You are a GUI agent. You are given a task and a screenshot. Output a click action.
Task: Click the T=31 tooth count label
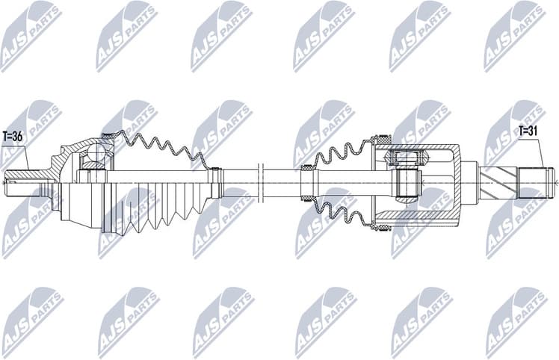tap(529, 132)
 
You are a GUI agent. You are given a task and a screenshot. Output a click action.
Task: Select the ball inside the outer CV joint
tap(95, 154)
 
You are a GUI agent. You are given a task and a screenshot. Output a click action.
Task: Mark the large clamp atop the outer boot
tap(107, 136)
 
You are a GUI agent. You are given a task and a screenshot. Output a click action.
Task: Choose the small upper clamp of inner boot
tap(306, 169)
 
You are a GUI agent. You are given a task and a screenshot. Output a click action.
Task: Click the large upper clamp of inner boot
tap(383, 140)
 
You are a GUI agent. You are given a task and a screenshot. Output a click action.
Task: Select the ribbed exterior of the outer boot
tap(149, 205)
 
